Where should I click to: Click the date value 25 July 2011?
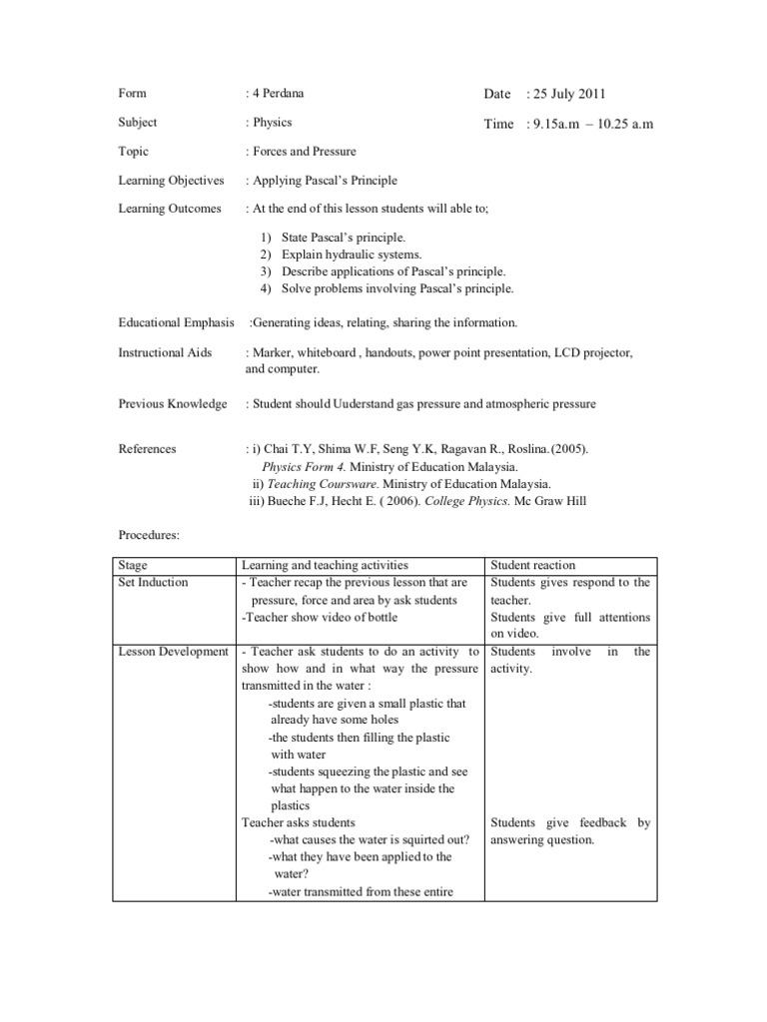click(567, 94)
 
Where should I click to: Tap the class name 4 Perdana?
click(277, 94)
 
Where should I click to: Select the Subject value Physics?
click(273, 123)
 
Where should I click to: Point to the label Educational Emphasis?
click(176, 322)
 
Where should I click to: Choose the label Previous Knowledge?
click(172, 404)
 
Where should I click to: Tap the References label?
click(147, 449)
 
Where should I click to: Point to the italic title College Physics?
click(467, 501)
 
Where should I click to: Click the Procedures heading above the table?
click(149, 535)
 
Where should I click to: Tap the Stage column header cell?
click(132, 565)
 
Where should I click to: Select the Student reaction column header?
click(533, 565)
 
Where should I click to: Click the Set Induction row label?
click(152, 582)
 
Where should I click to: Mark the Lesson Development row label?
click(173, 652)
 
